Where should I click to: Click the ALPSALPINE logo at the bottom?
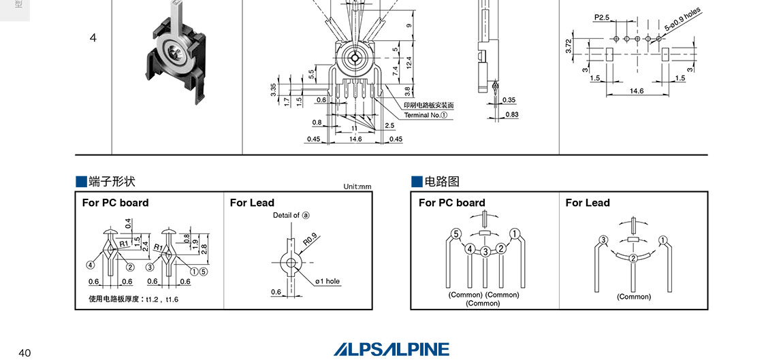tap(391, 349)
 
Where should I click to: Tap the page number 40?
tap(25, 353)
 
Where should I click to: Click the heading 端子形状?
tap(106, 182)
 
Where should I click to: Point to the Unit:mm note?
tap(357, 186)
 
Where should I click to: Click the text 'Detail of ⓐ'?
tap(291, 215)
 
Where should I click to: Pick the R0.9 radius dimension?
tap(311, 240)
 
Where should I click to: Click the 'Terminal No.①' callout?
tap(426, 115)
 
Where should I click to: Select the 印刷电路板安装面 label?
tap(428, 105)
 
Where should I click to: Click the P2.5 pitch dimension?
tap(601, 16)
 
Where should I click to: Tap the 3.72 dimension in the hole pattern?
tap(569, 47)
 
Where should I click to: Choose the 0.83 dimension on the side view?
tap(511, 114)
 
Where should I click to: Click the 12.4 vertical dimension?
tap(408, 62)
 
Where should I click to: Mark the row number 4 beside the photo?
tap(93, 37)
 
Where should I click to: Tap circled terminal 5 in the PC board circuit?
tap(457, 234)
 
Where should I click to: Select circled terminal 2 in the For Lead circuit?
tap(633, 258)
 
